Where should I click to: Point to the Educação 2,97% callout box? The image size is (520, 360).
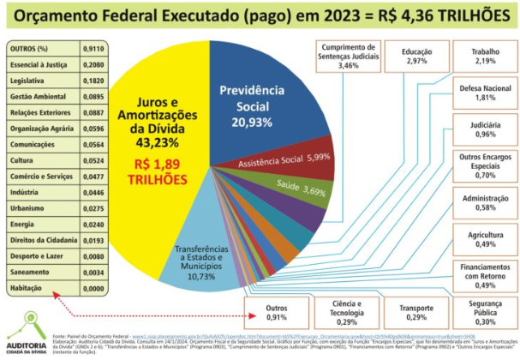[x=417, y=57]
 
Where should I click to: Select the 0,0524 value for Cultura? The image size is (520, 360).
[x=93, y=159]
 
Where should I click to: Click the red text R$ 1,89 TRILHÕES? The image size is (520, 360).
[x=155, y=171]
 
